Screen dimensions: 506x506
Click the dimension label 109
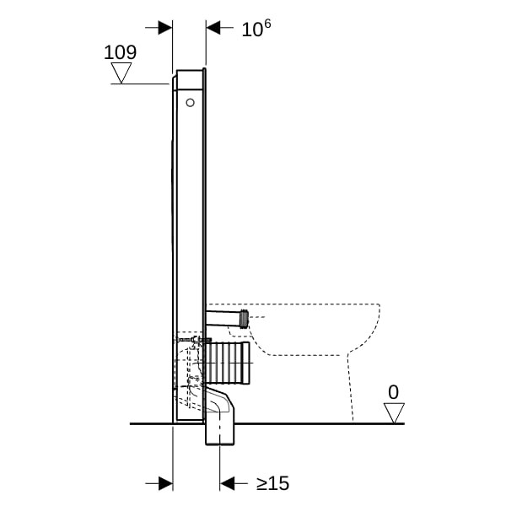point(120,52)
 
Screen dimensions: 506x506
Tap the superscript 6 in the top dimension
point(267,24)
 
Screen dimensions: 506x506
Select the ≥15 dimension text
point(272,483)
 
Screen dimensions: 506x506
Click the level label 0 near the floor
point(393,392)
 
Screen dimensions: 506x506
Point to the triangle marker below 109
point(121,73)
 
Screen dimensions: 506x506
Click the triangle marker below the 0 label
point(394,412)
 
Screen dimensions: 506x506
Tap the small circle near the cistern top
point(190,103)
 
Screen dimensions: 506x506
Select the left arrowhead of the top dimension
point(165,28)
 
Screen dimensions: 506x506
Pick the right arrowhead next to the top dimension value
point(213,28)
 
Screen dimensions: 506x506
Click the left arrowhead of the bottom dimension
point(165,484)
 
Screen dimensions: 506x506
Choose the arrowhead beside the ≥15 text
point(227,484)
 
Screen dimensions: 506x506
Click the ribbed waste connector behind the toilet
point(228,363)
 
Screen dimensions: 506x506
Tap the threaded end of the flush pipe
point(245,319)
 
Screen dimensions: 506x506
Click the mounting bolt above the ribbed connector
point(192,340)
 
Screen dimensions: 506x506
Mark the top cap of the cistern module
point(191,79)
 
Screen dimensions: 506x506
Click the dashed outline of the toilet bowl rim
point(293,304)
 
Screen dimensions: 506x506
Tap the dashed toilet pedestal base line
point(350,387)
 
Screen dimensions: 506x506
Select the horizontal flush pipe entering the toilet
point(223,318)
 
